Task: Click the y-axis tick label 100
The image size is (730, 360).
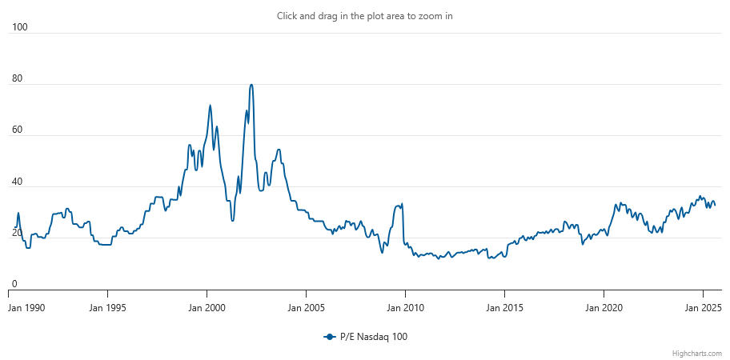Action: pyautogui.click(x=19, y=27)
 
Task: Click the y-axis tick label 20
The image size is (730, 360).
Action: pyautogui.click(x=18, y=234)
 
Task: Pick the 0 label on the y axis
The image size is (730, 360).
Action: pyautogui.click(x=14, y=284)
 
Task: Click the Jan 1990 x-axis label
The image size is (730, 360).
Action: pyautogui.click(x=26, y=308)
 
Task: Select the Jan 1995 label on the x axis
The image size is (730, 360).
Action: pyautogui.click(x=107, y=308)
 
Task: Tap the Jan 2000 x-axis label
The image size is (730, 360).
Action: pyautogui.click(x=207, y=308)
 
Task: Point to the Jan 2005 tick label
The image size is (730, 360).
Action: pyautogui.click(x=306, y=308)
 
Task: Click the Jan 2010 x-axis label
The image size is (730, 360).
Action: pyautogui.click(x=405, y=308)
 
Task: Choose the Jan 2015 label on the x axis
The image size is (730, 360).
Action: pyautogui.click(x=504, y=308)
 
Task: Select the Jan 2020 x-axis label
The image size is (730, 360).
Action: pyautogui.click(x=604, y=308)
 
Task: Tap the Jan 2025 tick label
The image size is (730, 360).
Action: pyautogui.click(x=703, y=308)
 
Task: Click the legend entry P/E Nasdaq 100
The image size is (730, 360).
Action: pyautogui.click(x=366, y=338)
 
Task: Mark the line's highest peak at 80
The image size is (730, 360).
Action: pyautogui.click(x=251, y=85)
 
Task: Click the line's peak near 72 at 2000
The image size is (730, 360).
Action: pyautogui.click(x=210, y=105)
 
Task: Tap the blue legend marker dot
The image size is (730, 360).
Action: pyautogui.click(x=330, y=338)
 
